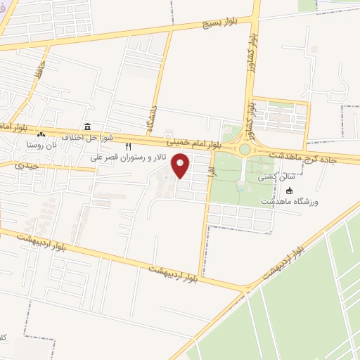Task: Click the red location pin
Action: tap(181, 166)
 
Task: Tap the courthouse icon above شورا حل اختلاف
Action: tap(86, 127)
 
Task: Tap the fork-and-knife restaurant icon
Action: tap(128, 147)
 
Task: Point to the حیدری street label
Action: tap(25, 166)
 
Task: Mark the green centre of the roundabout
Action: tap(245, 149)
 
